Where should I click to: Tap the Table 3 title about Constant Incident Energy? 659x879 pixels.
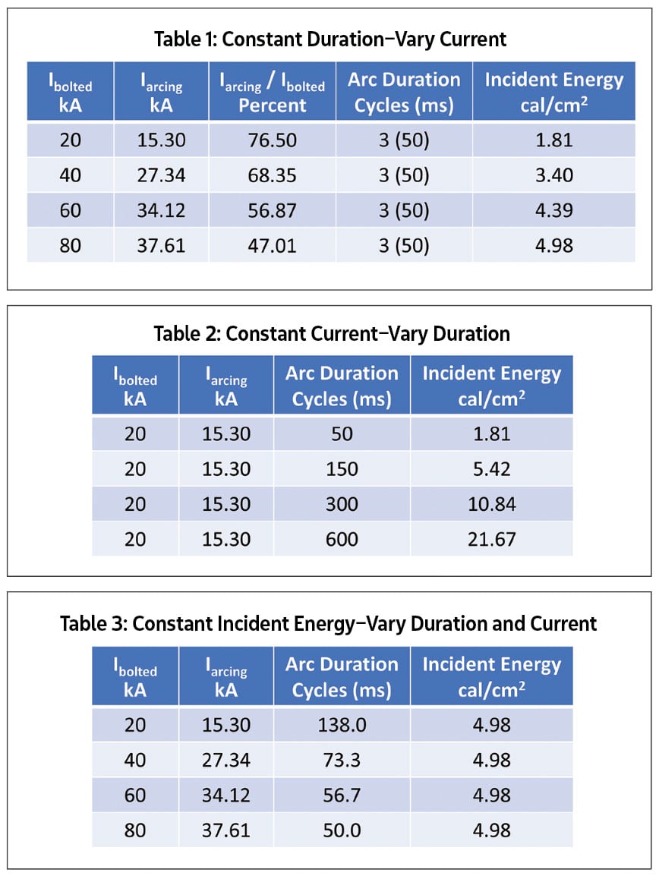click(329, 624)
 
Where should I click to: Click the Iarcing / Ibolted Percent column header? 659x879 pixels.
click(272, 92)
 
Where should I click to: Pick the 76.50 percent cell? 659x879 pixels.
click(272, 140)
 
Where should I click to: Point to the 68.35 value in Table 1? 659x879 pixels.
click(272, 175)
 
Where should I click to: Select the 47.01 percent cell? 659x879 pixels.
click(272, 245)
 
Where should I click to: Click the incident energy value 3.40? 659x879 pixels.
click(553, 175)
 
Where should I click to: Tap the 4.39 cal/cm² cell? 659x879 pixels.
click(553, 210)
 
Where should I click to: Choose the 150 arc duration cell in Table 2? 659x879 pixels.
click(342, 469)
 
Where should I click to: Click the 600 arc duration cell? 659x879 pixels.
click(342, 539)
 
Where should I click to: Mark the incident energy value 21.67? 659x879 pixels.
click(491, 539)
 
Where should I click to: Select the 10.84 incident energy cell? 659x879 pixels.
click(491, 504)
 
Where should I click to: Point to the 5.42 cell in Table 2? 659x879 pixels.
click(491, 469)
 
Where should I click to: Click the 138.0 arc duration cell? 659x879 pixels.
click(342, 725)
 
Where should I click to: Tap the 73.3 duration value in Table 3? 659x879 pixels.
click(342, 760)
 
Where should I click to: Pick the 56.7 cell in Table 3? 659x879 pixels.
click(342, 795)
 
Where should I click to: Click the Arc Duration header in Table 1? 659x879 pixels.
click(404, 92)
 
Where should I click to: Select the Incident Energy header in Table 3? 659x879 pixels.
click(491, 676)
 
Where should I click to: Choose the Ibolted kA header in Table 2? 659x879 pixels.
click(135, 386)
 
